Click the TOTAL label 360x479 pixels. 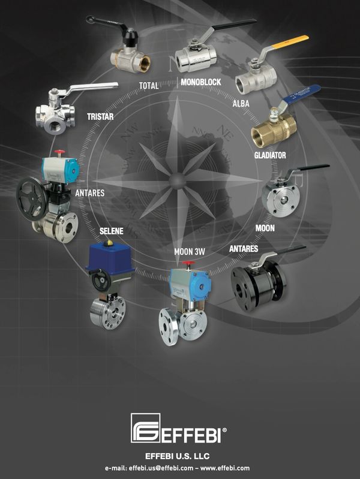click(149, 86)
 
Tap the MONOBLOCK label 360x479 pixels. click(200, 82)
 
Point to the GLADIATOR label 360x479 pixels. click(270, 155)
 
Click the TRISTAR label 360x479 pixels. click(101, 117)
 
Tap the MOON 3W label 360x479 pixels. click(190, 251)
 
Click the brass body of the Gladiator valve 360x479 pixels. click(273, 129)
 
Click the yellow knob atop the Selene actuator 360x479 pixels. click(109, 243)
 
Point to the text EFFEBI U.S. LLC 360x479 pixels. click(179, 456)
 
